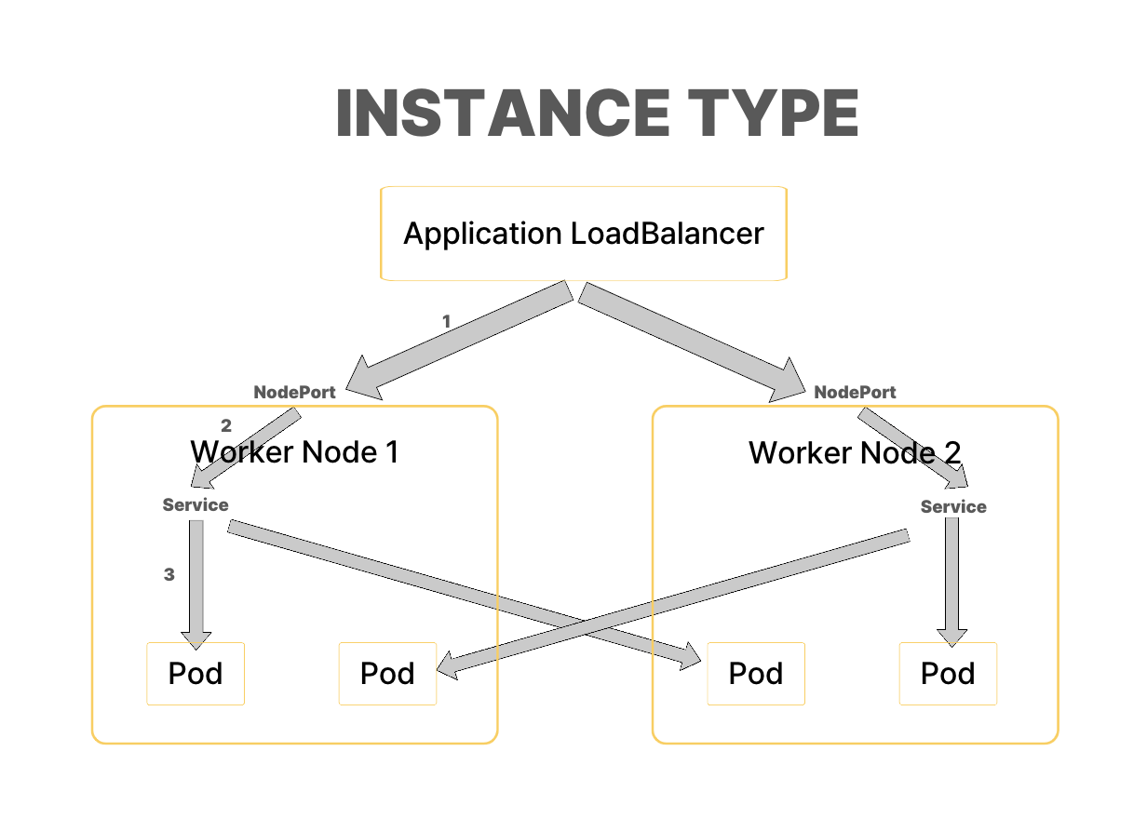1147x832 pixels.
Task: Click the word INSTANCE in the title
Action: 500,114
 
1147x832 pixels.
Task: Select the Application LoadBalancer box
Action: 584,234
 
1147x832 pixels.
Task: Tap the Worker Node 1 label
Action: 294,452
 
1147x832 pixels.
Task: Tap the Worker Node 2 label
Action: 855,453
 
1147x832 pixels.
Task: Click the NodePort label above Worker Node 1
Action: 294,393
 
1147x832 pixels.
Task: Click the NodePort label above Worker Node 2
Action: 855,393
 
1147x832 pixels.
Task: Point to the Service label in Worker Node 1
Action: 196,505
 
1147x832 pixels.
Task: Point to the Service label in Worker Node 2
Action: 953,507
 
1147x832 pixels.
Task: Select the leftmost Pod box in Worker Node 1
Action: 196,674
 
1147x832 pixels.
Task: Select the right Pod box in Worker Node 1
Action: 387,674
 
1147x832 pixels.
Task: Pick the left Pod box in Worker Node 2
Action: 756,674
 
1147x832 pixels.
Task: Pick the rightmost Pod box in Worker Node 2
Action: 948,674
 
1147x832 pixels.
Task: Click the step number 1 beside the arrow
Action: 446,322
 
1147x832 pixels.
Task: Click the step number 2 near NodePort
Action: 226,427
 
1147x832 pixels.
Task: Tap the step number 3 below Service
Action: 169,575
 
